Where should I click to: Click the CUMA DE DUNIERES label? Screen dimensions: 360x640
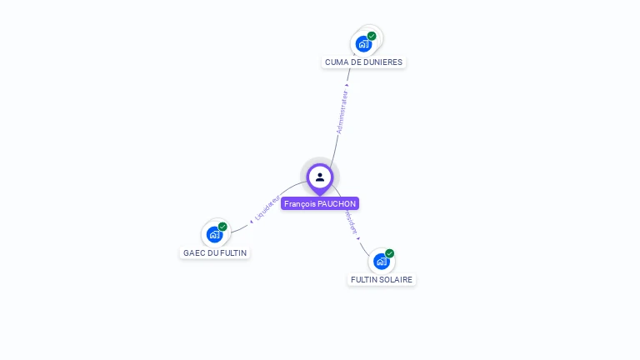tap(363, 62)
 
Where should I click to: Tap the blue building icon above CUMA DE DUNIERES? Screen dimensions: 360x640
tap(363, 43)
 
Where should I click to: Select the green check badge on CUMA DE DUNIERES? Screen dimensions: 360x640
tap(372, 36)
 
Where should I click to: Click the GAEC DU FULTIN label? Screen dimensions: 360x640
tap(215, 252)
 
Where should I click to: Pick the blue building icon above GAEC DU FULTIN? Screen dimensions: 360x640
tap(214, 234)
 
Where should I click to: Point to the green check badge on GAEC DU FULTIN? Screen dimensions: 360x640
tap(222, 227)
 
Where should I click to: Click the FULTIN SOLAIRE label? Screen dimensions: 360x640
tap(382, 279)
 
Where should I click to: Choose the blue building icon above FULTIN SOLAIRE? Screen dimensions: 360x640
tap(381, 261)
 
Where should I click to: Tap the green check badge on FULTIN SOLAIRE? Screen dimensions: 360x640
tap(389, 253)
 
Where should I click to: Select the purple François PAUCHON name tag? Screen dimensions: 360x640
tap(320, 203)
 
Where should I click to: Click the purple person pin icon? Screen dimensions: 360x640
tap(320, 177)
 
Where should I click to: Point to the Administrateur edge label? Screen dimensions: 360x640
tap(342, 112)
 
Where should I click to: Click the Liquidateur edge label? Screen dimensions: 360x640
tap(267, 208)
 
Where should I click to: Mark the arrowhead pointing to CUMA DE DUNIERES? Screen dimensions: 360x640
tap(348, 84)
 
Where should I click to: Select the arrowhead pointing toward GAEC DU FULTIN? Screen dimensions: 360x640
tap(251, 222)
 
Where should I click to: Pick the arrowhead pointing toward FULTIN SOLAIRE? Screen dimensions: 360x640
tap(358, 238)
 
